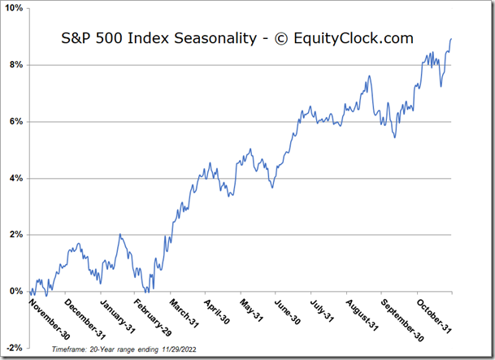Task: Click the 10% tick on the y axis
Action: click(x=15, y=8)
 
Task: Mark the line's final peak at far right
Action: click(x=451, y=39)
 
